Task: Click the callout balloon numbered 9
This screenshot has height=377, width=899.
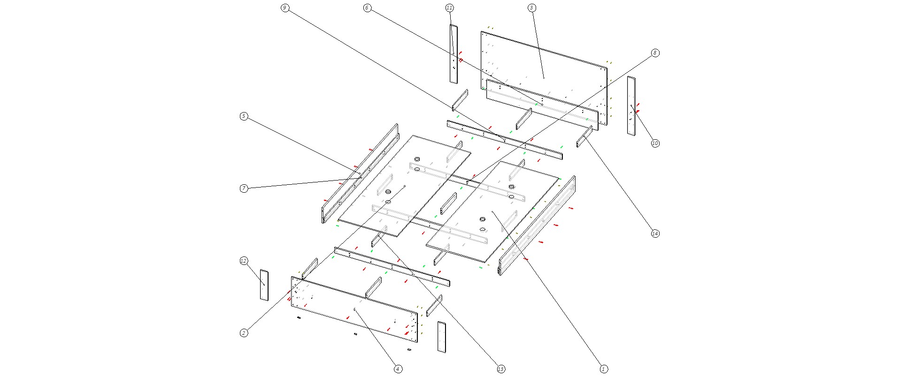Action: [x=284, y=8]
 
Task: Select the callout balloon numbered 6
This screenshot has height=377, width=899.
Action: [x=367, y=8]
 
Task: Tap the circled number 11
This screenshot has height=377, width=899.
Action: [x=449, y=8]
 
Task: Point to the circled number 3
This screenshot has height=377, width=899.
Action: [x=531, y=8]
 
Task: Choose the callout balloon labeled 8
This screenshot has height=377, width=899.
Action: [x=655, y=53]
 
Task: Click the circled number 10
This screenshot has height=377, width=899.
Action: [x=655, y=143]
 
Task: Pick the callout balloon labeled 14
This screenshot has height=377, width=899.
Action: [x=655, y=234]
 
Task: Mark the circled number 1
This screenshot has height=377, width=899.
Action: [x=604, y=369]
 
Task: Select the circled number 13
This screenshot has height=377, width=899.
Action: [x=501, y=369]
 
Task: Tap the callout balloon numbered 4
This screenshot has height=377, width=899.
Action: [x=398, y=369]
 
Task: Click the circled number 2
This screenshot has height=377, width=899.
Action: [x=244, y=333]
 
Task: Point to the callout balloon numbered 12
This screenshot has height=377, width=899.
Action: [x=244, y=261]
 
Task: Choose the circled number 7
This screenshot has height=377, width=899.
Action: [x=244, y=188]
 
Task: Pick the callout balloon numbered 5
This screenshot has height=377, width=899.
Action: [x=244, y=116]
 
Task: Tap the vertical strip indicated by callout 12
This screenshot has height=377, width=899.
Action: [x=264, y=285]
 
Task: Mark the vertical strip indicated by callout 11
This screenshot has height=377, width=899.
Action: [x=453, y=54]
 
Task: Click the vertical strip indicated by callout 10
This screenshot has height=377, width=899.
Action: [x=631, y=106]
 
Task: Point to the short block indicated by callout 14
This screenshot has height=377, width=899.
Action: [x=584, y=136]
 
